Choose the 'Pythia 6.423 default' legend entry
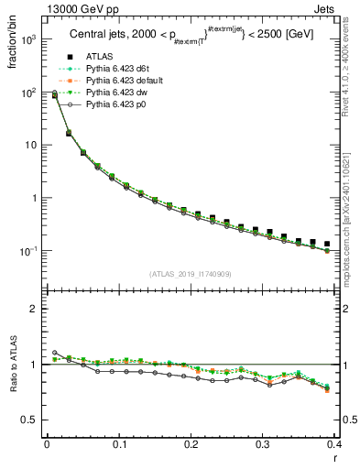[x=119, y=82]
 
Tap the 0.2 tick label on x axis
[x=191, y=446]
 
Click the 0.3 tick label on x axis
[x=263, y=446]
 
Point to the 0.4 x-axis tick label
[x=333, y=446]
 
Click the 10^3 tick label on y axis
[x=29, y=40]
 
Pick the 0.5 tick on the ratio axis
[x=31, y=420]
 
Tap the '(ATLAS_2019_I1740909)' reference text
[x=190, y=274]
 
